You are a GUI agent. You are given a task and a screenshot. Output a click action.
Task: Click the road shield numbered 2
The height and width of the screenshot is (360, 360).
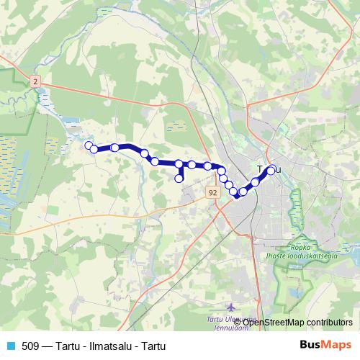(x=35, y=83)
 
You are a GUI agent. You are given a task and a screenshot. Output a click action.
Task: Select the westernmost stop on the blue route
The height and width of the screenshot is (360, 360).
(x=89, y=146)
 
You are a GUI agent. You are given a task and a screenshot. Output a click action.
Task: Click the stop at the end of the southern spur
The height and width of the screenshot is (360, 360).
(x=179, y=178)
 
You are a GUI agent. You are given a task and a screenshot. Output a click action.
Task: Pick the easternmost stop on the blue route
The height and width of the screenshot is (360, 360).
(x=271, y=170)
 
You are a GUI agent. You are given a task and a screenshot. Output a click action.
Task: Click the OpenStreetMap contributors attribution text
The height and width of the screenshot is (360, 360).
(x=296, y=323)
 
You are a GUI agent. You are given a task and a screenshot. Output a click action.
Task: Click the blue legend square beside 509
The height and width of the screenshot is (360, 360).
(x=9, y=346)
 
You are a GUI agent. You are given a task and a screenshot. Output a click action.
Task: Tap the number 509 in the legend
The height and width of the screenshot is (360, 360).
(x=30, y=346)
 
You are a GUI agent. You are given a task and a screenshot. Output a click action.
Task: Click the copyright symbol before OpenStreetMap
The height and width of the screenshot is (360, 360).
(x=244, y=323)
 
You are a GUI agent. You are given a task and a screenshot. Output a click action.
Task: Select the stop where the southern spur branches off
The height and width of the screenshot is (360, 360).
(x=179, y=164)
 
